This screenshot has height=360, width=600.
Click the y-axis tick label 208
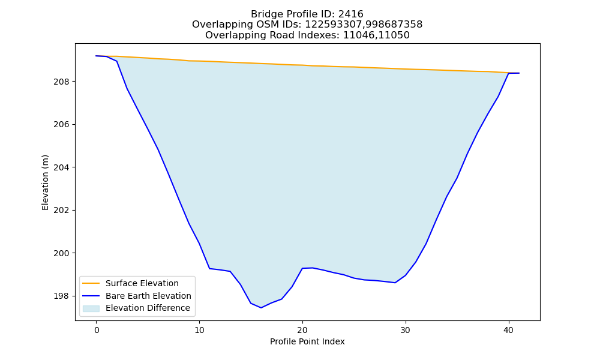(x=62, y=82)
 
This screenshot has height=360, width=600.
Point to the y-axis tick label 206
(x=62, y=125)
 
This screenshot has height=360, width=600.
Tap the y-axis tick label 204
(x=62, y=167)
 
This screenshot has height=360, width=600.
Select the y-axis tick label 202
(x=62, y=211)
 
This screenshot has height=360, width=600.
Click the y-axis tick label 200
(x=62, y=253)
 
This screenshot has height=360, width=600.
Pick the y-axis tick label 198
(x=62, y=296)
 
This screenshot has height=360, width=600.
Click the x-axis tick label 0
(x=96, y=331)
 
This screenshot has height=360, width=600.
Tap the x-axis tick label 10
(x=199, y=331)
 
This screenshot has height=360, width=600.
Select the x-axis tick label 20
(x=302, y=331)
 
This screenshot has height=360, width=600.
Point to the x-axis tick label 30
(x=406, y=331)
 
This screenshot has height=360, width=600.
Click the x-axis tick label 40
(x=509, y=331)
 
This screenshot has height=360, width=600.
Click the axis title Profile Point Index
(x=307, y=341)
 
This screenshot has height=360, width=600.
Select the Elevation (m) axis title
(x=45, y=182)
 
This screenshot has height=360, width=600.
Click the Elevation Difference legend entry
(x=136, y=308)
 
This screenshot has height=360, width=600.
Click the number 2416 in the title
(x=350, y=14)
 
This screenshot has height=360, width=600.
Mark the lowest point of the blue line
(x=261, y=308)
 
